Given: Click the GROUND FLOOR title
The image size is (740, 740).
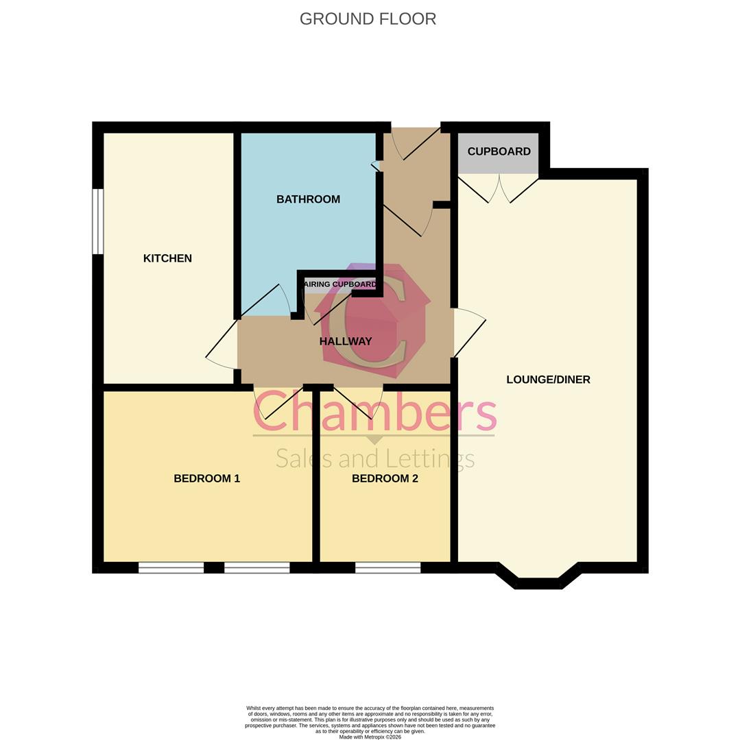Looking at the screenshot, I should [368, 18].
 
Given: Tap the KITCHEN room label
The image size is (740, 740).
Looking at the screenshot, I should [167, 258].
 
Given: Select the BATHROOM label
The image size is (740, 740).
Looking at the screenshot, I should [308, 199].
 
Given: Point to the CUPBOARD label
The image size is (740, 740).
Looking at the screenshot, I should [499, 151].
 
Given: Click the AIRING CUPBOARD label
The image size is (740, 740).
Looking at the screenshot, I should [340, 284].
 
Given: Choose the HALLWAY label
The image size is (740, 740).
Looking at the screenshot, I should [346, 341].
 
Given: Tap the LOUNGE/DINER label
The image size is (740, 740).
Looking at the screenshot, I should [548, 380].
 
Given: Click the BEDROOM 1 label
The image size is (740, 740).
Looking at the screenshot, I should [206, 478].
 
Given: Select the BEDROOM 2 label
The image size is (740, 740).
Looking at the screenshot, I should [385, 478].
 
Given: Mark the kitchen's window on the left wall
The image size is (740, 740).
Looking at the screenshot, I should [98, 221].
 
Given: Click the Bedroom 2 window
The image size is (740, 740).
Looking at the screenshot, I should [387, 567].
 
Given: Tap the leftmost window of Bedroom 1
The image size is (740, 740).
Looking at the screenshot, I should [171, 567].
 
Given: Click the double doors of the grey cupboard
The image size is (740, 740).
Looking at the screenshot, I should [499, 188].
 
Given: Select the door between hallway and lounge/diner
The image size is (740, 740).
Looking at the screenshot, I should [468, 332].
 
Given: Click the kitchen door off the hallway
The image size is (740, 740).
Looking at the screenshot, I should [222, 343].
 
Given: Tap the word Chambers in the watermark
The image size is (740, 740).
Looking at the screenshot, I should [374, 412].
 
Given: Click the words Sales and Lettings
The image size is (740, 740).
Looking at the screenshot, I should [374, 458].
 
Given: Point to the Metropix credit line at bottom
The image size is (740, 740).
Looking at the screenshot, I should [370, 737].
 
